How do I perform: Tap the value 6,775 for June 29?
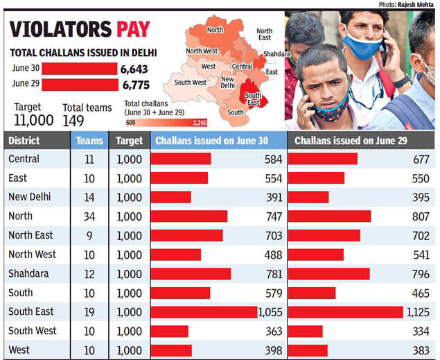[135, 85]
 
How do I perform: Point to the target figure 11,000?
[33, 119]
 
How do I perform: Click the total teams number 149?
[73, 120]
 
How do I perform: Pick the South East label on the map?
[253, 99]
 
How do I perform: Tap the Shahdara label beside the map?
[276, 53]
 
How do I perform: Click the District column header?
[24, 140]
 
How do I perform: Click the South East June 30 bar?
[204, 312]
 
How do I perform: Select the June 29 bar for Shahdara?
[328, 274]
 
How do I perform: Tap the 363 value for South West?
[273, 331]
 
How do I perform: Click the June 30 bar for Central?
[181, 159]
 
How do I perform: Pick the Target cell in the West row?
[128, 350]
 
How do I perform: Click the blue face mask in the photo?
[362, 45]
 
